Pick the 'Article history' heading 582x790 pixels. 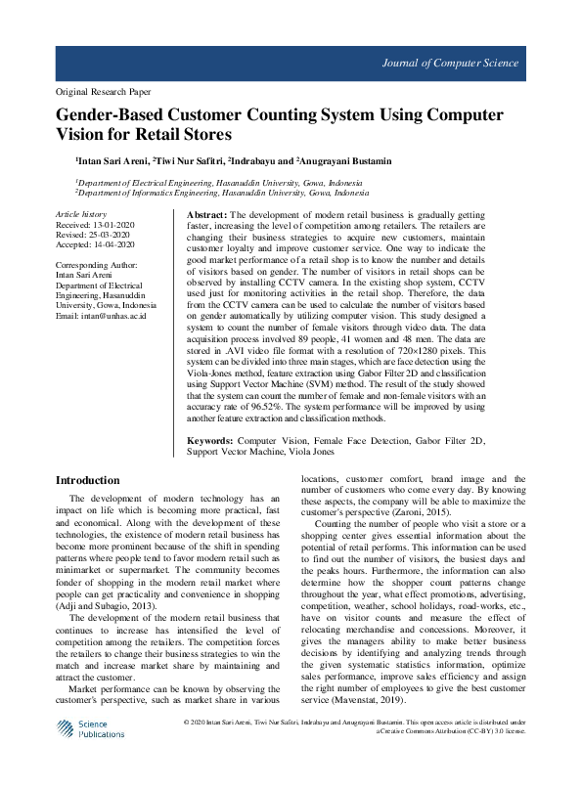[x=81, y=212]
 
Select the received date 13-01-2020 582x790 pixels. [x=115, y=223]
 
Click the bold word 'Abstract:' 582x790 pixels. [x=206, y=214]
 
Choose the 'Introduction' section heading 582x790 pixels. [x=87, y=480]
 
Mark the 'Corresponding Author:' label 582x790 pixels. [x=97, y=265]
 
